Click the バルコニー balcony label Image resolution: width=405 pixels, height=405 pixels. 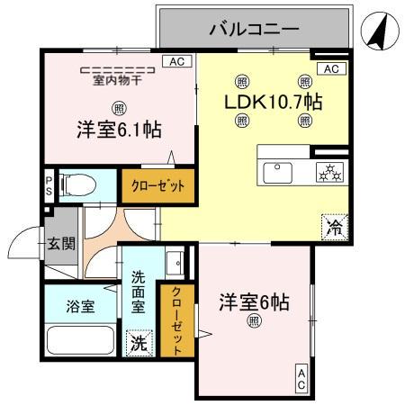click(x=254, y=29)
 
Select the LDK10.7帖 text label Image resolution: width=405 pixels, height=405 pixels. click(x=274, y=101)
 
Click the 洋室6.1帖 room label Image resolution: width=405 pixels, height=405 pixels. click(x=119, y=130)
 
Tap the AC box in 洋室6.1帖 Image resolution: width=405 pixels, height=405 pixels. click(x=176, y=61)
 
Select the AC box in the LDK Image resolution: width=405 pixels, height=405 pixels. click(x=329, y=69)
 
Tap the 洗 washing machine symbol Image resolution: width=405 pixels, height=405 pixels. click(x=139, y=343)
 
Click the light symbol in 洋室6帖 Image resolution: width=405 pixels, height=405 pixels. click(x=255, y=321)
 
